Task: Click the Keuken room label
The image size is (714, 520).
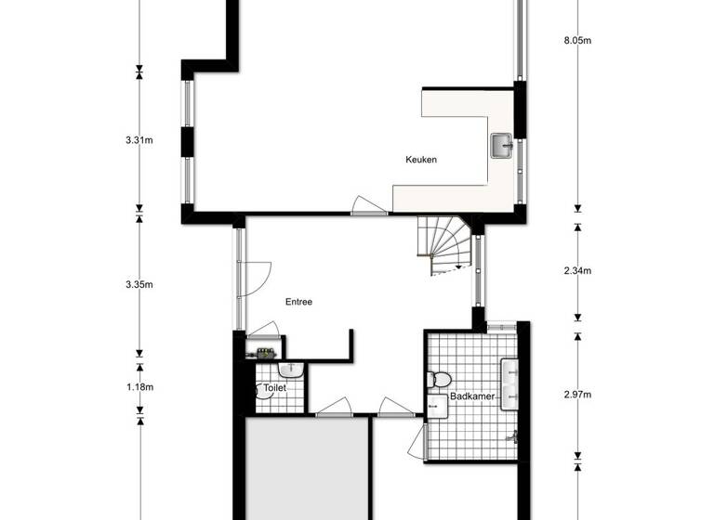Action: [421, 160]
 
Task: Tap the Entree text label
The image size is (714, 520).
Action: [298, 302]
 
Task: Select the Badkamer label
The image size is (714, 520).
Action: [471, 396]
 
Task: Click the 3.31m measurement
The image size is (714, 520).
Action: [139, 140]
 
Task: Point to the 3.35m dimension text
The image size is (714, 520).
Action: [139, 285]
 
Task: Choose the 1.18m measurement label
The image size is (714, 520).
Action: [139, 386]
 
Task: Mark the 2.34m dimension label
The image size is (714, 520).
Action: [577, 271]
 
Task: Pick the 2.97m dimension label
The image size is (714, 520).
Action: [577, 395]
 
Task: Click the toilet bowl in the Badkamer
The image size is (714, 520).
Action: [439, 379]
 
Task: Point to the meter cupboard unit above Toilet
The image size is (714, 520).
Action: [264, 352]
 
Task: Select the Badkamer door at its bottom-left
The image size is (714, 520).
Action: [416, 444]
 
